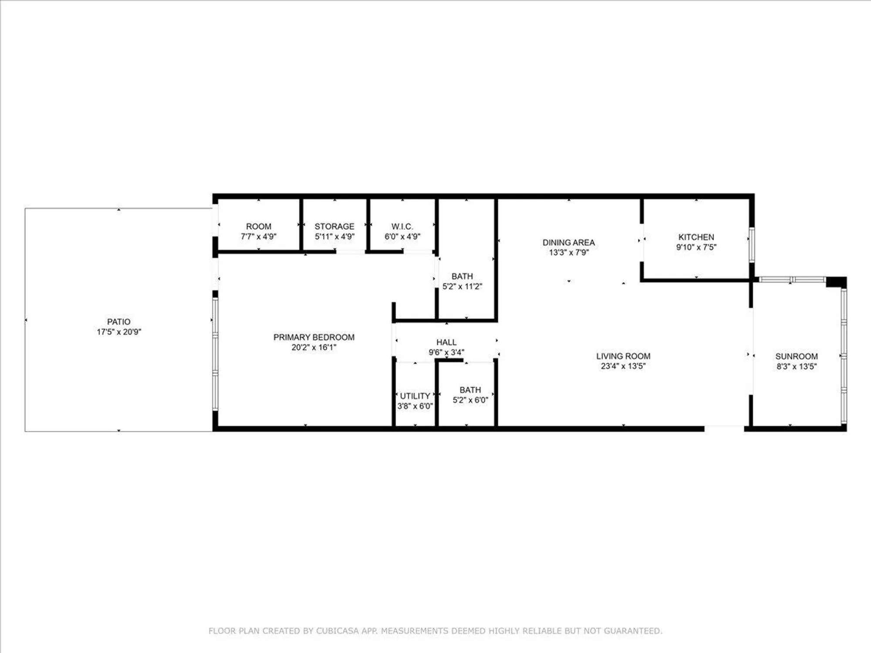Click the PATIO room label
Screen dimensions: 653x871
(x=118, y=322)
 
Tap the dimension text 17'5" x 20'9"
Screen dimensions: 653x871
(x=118, y=332)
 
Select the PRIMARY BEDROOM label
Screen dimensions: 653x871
(x=314, y=337)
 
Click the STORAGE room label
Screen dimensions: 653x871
(x=334, y=226)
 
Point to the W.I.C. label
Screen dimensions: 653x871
(x=402, y=226)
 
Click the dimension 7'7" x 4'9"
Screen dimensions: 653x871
(x=258, y=236)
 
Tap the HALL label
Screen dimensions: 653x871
(x=446, y=342)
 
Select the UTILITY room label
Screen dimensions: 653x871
(x=415, y=396)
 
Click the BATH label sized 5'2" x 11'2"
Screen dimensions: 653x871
(x=462, y=276)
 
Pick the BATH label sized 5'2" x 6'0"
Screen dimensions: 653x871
(x=470, y=390)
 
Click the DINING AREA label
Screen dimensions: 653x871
(x=568, y=242)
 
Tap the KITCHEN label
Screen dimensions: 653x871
(x=696, y=237)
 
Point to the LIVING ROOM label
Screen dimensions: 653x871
(x=623, y=356)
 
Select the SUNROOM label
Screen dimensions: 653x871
(x=796, y=356)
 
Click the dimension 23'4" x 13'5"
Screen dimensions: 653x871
(x=623, y=366)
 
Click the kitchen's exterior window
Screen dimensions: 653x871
(x=751, y=245)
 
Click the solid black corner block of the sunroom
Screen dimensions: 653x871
(x=836, y=282)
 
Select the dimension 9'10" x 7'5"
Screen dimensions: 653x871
(x=696, y=247)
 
